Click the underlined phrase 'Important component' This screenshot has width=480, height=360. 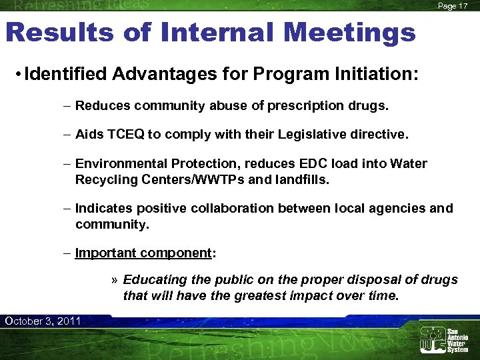(143, 253)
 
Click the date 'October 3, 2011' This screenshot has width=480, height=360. (43, 321)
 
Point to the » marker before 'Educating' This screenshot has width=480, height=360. (115, 280)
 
